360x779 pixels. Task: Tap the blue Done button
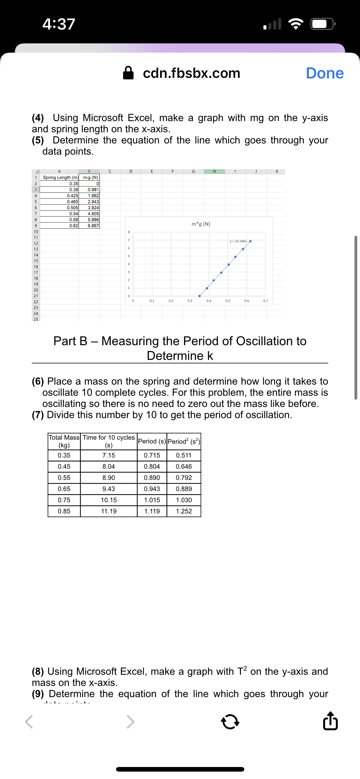click(x=325, y=73)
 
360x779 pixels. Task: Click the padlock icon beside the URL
click(x=128, y=73)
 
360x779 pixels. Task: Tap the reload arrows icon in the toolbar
click(x=230, y=722)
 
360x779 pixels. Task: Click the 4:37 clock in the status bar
click(x=59, y=24)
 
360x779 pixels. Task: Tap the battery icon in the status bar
click(x=322, y=24)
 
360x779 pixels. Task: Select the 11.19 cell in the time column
click(x=109, y=511)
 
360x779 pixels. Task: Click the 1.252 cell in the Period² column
click(x=184, y=511)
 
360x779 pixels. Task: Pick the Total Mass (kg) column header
click(x=64, y=441)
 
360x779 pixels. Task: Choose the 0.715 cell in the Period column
click(x=152, y=455)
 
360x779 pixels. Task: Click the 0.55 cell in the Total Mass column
click(x=64, y=478)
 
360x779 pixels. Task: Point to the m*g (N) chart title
click(x=201, y=224)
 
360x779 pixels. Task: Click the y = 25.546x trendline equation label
click(x=238, y=241)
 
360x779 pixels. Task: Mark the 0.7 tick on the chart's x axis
click(x=266, y=301)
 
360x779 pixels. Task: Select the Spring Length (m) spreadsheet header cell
click(x=60, y=178)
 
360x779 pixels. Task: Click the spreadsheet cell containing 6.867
click(x=93, y=226)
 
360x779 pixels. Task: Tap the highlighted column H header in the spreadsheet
click(x=214, y=171)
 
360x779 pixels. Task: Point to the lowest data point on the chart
click(x=199, y=296)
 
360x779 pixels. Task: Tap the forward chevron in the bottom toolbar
click(x=130, y=722)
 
